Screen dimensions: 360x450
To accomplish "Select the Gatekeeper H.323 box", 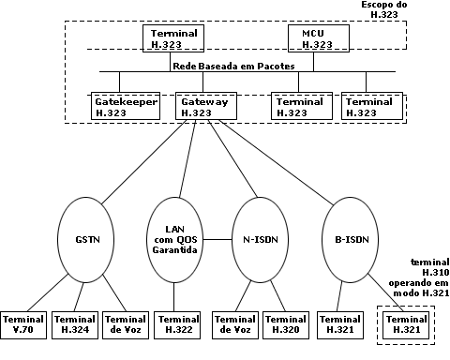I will click(x=125, y=106).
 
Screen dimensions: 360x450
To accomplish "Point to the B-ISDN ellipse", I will click(x=349, y=238).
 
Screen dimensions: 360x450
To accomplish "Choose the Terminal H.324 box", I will click(x=74, y=324).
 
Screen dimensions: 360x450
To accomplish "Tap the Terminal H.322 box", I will click(x=177, y=324).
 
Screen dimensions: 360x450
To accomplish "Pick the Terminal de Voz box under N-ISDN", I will click(x=236, y=324).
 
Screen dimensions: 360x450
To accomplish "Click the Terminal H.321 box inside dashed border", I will click(x=407, y=324).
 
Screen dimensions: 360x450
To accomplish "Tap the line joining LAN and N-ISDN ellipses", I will click(x=218, y=238).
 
